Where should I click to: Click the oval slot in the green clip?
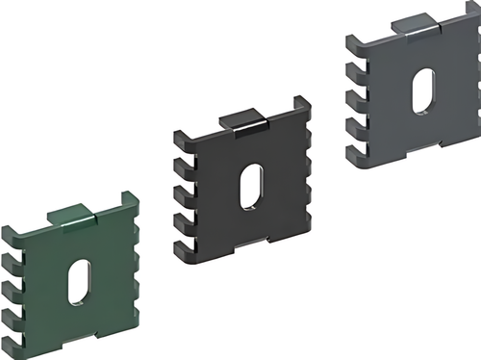pos(78,282)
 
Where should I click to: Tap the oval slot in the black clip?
pos(252,184)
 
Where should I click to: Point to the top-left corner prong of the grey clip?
pos(352,39)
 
